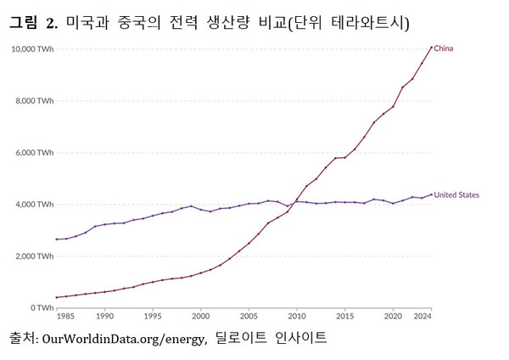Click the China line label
(x=444, y=48)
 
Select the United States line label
(x=459, y=194)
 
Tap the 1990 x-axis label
(x=104, y=316)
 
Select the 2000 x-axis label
(x=200, y=316)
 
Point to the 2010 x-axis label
(x=297, y=316)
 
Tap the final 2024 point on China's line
(x=431, y=47)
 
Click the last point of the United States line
(x=431, y=194)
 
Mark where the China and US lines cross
(x=295, y=201)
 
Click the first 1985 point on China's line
(x=57, y=297)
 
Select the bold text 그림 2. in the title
(x=34, y=23)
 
